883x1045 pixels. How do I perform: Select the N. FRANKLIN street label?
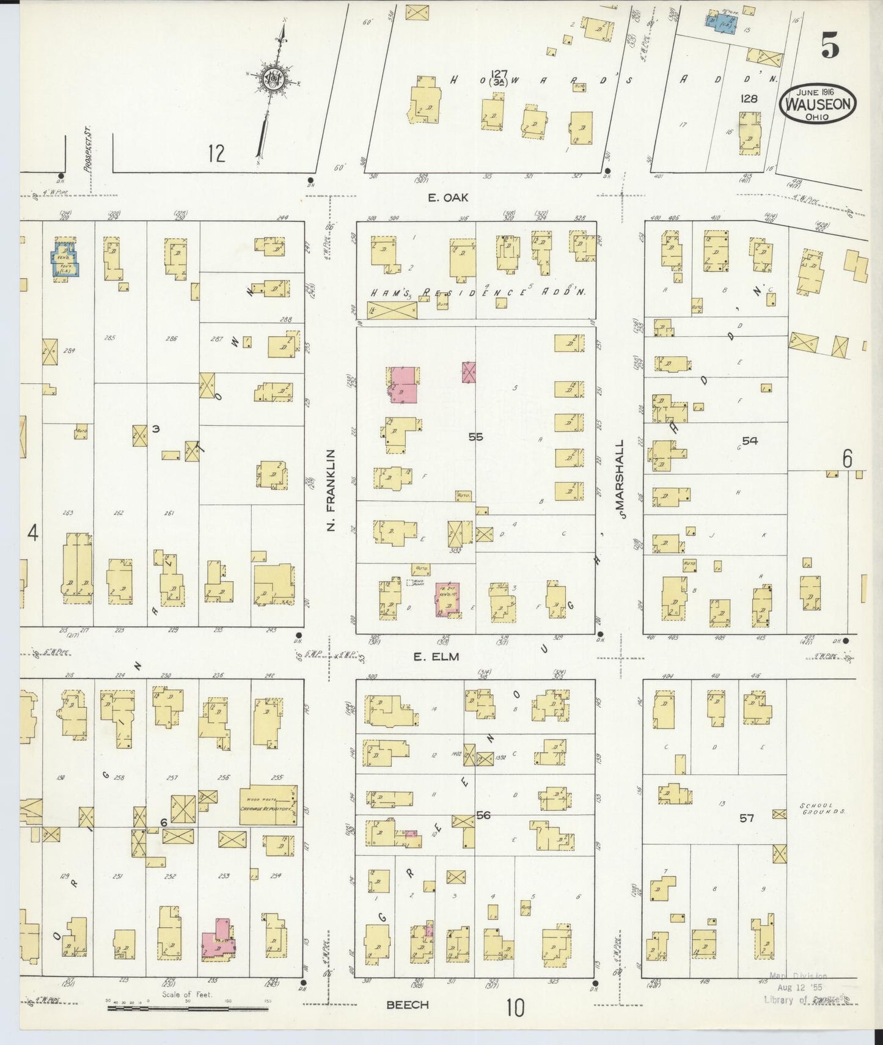point(331,490)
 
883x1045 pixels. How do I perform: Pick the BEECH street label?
point(408,1005)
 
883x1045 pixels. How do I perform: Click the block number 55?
point(475,436)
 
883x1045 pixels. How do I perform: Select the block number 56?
point(483,815)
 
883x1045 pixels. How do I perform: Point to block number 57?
point(747,818)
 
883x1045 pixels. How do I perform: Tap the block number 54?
point(749,441)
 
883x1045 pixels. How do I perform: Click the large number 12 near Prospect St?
point(216,153)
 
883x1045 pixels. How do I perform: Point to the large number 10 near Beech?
point(515,1008)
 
